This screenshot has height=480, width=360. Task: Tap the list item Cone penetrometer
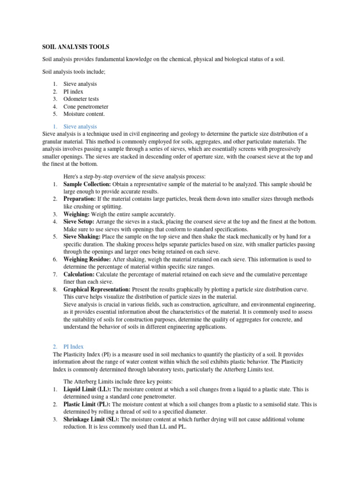coord(86,106)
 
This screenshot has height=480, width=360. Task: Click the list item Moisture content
coord(84,114)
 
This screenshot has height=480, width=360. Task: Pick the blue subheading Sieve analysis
coord(80,127)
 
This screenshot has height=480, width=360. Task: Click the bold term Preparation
coord(80,199)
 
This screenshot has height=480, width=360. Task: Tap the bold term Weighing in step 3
coord(76,214)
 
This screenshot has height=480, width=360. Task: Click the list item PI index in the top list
coord(74,91)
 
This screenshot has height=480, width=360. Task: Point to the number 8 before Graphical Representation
coord(55,289)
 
